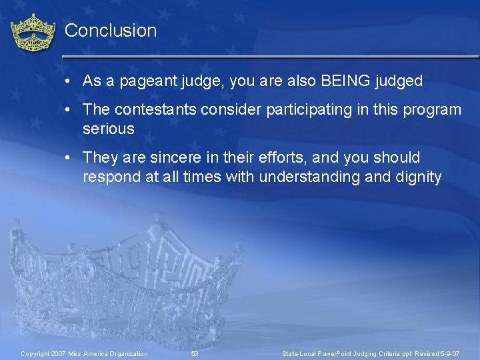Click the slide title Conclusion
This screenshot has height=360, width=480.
111,31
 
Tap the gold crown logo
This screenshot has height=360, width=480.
33,33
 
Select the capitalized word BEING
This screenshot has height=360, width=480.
347,81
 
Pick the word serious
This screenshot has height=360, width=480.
108,129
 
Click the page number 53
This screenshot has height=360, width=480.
195,353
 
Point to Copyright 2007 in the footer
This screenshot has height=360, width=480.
43,353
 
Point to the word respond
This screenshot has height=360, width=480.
109,177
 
